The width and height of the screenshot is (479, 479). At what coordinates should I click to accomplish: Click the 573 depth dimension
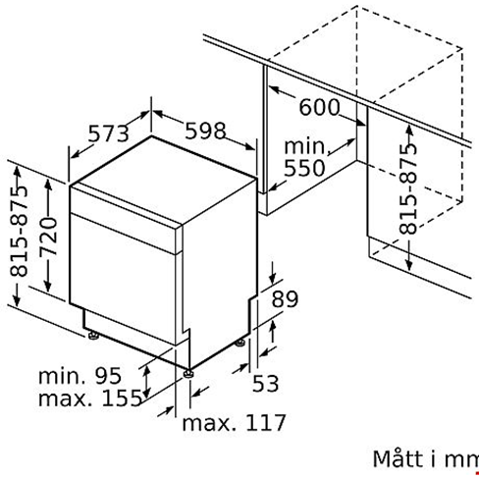pos(109,133)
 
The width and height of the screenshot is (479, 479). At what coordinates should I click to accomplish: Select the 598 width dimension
pos(205,131)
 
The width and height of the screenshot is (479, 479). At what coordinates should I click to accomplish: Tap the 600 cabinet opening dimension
pos(319,107)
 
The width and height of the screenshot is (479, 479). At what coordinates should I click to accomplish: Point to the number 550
pos(304,168)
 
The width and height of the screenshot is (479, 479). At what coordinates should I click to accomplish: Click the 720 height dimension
pos(48,237)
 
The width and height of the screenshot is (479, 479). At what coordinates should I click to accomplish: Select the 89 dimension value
pos(285,298)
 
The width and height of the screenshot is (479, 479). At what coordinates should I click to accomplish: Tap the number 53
pos(265,383)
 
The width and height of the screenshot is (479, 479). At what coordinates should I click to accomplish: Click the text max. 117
pos(234,422)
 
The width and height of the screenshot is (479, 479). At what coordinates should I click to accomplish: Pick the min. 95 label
pos(80,375)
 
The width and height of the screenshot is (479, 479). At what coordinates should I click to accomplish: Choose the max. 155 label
pos(90,398)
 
